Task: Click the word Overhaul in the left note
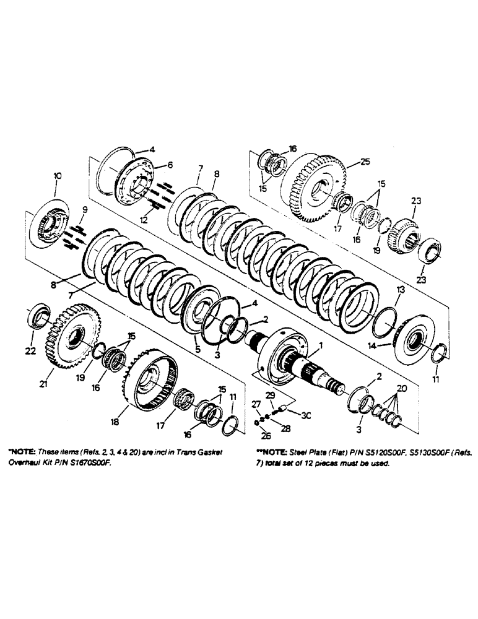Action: (x=25, y=462)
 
